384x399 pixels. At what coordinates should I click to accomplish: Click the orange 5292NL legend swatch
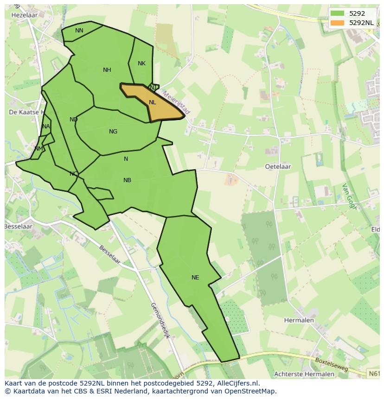tap(337, 22)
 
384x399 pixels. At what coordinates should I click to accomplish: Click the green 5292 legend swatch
tap(337, 13)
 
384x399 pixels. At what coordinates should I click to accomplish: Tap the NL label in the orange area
tap(153, 102)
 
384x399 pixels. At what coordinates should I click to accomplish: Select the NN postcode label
tap(79, 31)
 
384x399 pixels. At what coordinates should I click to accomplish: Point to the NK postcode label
tap(141, 63)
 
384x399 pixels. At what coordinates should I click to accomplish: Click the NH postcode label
tap(107, 70)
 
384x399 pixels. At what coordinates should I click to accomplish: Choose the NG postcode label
tap(113, 132)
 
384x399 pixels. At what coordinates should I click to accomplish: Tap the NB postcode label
tap(127, 180)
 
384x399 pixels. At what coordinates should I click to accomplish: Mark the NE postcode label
tap(195, 278)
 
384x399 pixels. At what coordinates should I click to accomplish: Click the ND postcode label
tap(73, 120)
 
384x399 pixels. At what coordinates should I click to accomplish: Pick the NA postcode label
tap(45, 127)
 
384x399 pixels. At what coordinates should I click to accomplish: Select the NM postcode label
tap(38, 148)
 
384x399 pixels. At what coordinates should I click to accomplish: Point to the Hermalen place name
tap(299, 320)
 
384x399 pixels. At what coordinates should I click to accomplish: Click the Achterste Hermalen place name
tap(304, 374)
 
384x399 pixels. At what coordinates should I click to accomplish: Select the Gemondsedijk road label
tap(160, 320)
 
